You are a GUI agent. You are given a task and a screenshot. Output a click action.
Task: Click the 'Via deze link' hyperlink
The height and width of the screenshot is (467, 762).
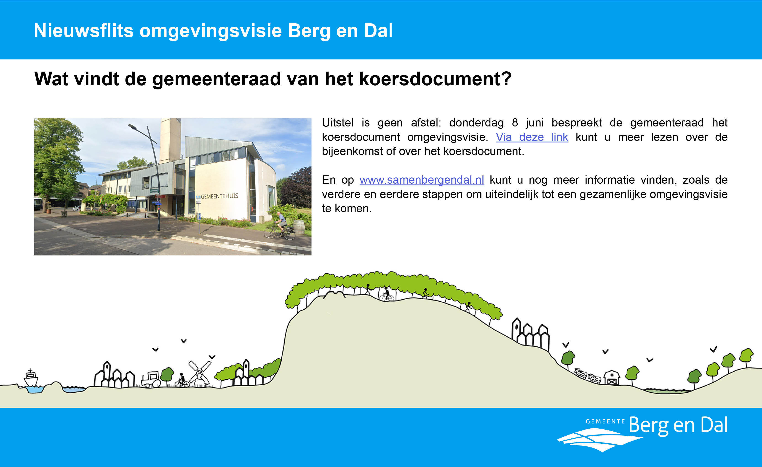point(532,137)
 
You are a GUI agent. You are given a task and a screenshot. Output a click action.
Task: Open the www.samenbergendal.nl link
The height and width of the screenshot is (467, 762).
point(422,180)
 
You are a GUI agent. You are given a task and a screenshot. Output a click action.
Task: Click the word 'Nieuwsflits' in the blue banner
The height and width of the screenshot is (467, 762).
point(83,31)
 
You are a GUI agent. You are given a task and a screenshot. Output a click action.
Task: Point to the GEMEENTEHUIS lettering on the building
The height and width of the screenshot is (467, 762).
point(219,196)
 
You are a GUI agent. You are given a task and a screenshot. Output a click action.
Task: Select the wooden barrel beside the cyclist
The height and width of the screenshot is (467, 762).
point(299,227)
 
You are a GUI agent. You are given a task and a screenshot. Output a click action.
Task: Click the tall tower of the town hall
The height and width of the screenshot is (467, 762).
point(170,140)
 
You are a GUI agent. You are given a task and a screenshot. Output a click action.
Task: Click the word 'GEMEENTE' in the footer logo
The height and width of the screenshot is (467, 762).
point(605,421)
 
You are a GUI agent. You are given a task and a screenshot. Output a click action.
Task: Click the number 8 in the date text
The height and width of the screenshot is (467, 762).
point(515,123)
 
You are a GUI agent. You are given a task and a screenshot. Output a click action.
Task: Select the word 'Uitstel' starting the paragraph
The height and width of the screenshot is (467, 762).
point(337,123)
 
